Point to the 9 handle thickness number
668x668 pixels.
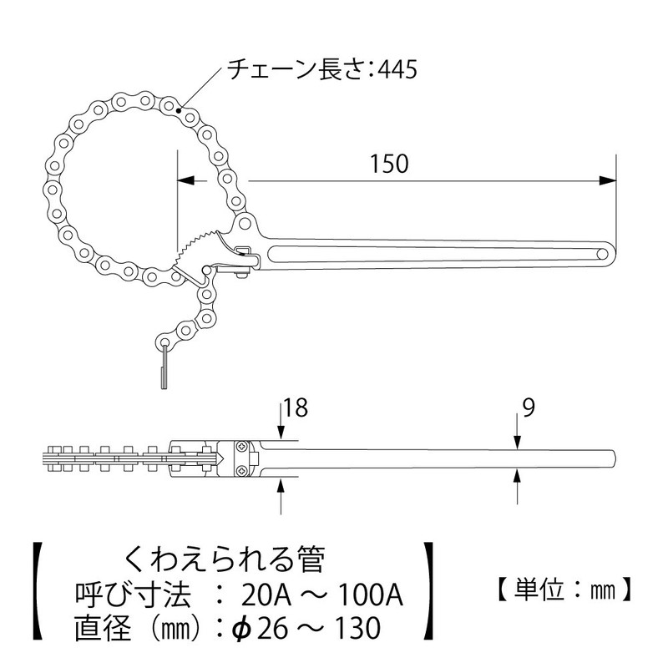click(527, 408)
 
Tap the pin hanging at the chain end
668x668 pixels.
click(163, 368)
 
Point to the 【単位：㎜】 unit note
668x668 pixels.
click(555, 592)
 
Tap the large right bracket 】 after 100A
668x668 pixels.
click(429, 591)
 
